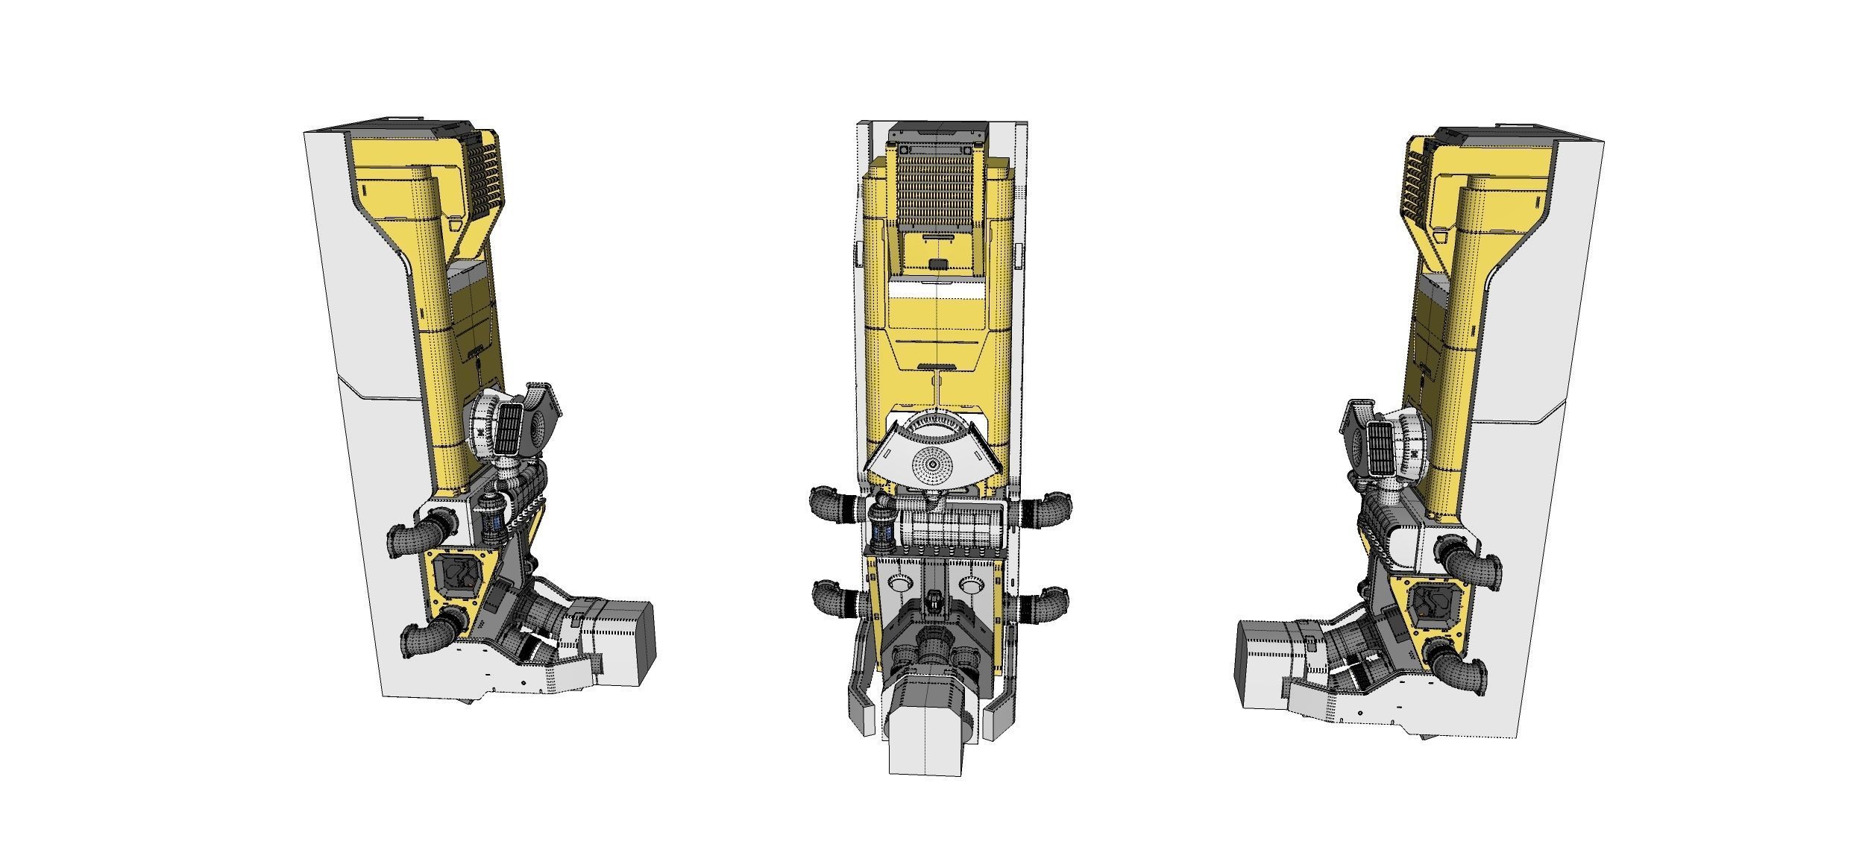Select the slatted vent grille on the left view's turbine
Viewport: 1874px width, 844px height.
[x=511, y=430]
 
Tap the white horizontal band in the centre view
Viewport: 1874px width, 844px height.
[x=937, y=289]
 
